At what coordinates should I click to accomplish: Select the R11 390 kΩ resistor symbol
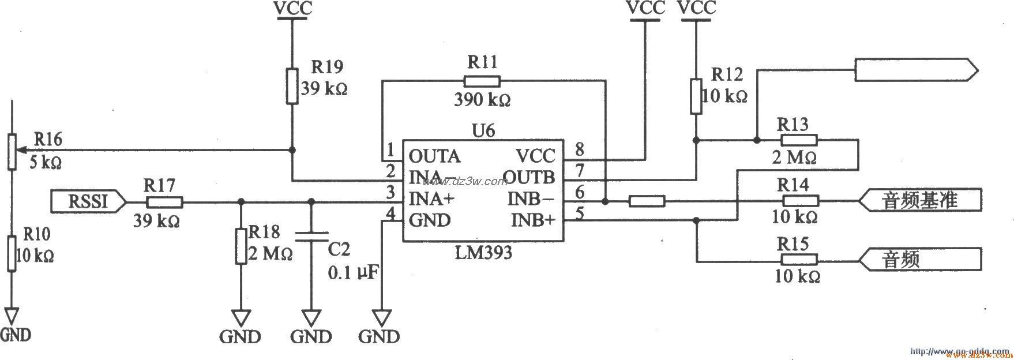pos(482,81)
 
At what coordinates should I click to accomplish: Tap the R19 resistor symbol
pos(292,86)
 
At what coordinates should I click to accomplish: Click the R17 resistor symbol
pos(164,202)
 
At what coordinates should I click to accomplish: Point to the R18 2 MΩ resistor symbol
pos(241,246)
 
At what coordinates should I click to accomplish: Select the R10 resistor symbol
pos(12,253)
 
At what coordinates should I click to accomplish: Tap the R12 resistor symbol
pos(696,96)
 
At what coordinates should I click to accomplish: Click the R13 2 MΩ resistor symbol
pos(799,140)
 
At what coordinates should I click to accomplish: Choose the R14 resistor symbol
pos(800,201)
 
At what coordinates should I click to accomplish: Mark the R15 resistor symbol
pos(799,260)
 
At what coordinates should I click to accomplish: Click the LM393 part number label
pos(484,253)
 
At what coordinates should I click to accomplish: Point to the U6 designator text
pos(483,130)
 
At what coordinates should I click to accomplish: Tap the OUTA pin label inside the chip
pos(434,156)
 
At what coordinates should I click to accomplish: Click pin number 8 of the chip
pos(579,151)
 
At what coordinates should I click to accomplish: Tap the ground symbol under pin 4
pos(381,318)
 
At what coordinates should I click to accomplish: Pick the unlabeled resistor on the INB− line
pos(647,201)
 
